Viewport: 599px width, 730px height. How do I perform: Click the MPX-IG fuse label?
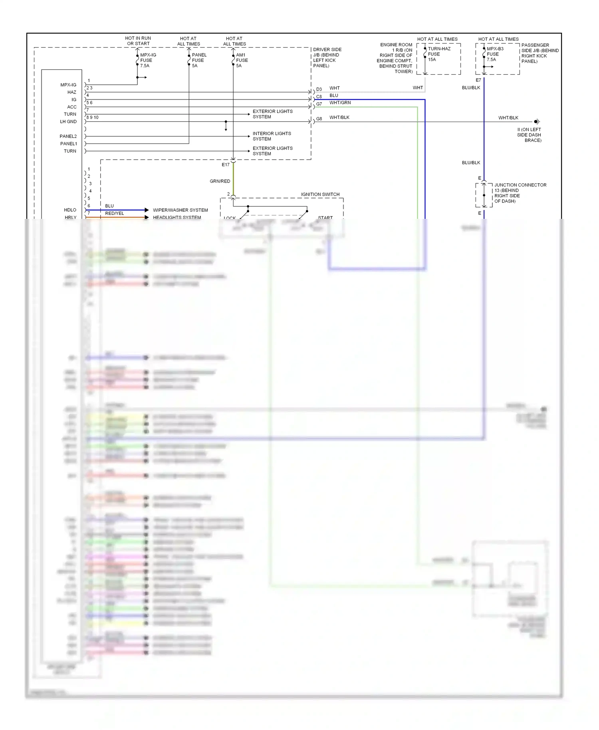click(x=148, y=60)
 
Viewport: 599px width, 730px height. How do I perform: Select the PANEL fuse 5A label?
click(x=199, y=60)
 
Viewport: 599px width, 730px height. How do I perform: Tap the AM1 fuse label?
click(x=242, y=60)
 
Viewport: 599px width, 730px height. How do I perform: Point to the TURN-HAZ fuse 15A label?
click(x=439, y=54)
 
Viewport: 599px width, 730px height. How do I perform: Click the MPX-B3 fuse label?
click(x=495, y=54)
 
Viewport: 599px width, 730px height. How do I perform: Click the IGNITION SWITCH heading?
click(x=320, y=194)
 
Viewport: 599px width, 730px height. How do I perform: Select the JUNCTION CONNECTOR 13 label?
click(x=520, y=193)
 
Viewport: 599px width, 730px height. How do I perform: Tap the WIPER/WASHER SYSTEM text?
click(x=180, y=210)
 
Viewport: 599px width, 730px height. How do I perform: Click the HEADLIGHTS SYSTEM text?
click(x=177, y=218)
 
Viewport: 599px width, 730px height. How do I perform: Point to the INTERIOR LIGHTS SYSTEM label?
click(x=272, y=136)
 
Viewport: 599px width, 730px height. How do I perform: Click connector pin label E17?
click(x=226, y=165)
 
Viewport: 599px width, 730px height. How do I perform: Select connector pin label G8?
click(x=319, y=119)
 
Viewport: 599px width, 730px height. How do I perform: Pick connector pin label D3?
click(x=319, y=89)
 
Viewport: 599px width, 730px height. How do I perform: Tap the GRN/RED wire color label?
click(x=220, y=181)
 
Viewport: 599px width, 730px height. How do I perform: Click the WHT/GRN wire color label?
click(x=340, y=103)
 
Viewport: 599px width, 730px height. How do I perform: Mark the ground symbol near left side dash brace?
click(x=537, y=121)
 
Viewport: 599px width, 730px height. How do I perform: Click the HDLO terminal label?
click(x=70, y=210)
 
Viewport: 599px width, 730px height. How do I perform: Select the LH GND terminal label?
click(x=68, y=121)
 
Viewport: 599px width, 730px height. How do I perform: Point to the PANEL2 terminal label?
click(x=68, y=136)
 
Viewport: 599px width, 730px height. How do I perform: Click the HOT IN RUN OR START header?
click(x=138, y=41)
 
